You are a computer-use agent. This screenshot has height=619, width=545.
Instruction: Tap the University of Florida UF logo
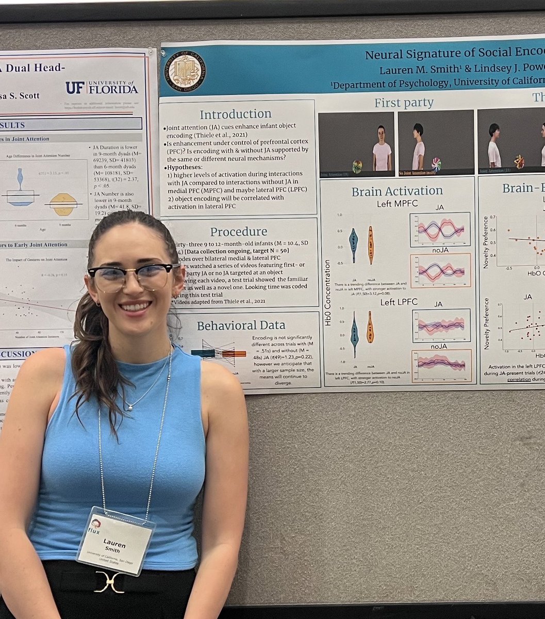coord(102,88)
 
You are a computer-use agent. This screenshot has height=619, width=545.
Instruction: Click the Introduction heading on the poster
coord(235,114)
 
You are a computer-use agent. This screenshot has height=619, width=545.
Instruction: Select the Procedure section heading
coord(239,232)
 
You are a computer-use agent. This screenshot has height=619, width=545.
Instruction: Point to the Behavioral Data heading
coord(241,325)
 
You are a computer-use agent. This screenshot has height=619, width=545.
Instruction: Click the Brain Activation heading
coord(397,191)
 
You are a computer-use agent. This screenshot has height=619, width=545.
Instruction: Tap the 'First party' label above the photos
coord(404,103)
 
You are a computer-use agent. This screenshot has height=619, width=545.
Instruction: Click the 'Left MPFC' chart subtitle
coord(397,204)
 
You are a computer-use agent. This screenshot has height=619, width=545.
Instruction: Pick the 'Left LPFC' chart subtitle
coord(399,301)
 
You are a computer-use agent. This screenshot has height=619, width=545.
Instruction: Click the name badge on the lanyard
coord(115,540)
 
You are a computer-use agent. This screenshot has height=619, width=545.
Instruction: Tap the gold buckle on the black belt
coord(109,581)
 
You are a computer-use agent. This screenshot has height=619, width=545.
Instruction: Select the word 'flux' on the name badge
coord(93,530)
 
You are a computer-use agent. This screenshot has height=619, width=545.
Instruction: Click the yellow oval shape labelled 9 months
coord(63,204)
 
